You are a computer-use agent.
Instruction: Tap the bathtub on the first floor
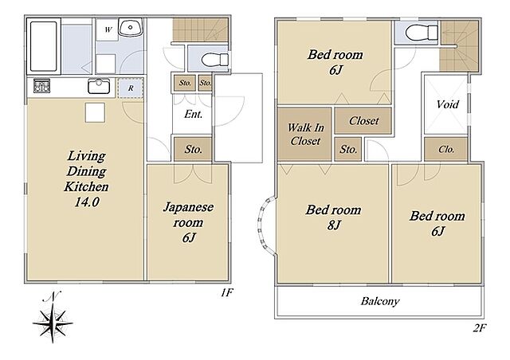point(44,46)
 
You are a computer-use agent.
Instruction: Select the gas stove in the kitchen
point(41,86)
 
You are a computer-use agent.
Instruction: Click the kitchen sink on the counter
point(99,87)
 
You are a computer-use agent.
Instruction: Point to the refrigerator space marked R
point(131,88)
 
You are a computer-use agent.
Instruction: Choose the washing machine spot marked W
point(108,30)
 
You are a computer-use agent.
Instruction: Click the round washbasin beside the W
point(130,27)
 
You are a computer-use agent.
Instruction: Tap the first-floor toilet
point(215,60)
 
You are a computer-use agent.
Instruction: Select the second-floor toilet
point(422,33)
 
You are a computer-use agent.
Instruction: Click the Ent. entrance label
point(193,114)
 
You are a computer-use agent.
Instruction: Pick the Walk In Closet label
point(305,134)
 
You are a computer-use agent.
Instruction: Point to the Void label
point(448,104)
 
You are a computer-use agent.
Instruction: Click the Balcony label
point(380,301)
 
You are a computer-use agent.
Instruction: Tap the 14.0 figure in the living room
point(87,202)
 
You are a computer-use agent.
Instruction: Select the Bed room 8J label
point(333,217)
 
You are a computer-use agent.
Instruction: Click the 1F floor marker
point(226,293)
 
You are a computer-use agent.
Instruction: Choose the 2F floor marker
point(479,328)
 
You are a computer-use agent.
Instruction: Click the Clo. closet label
point(446,149)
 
